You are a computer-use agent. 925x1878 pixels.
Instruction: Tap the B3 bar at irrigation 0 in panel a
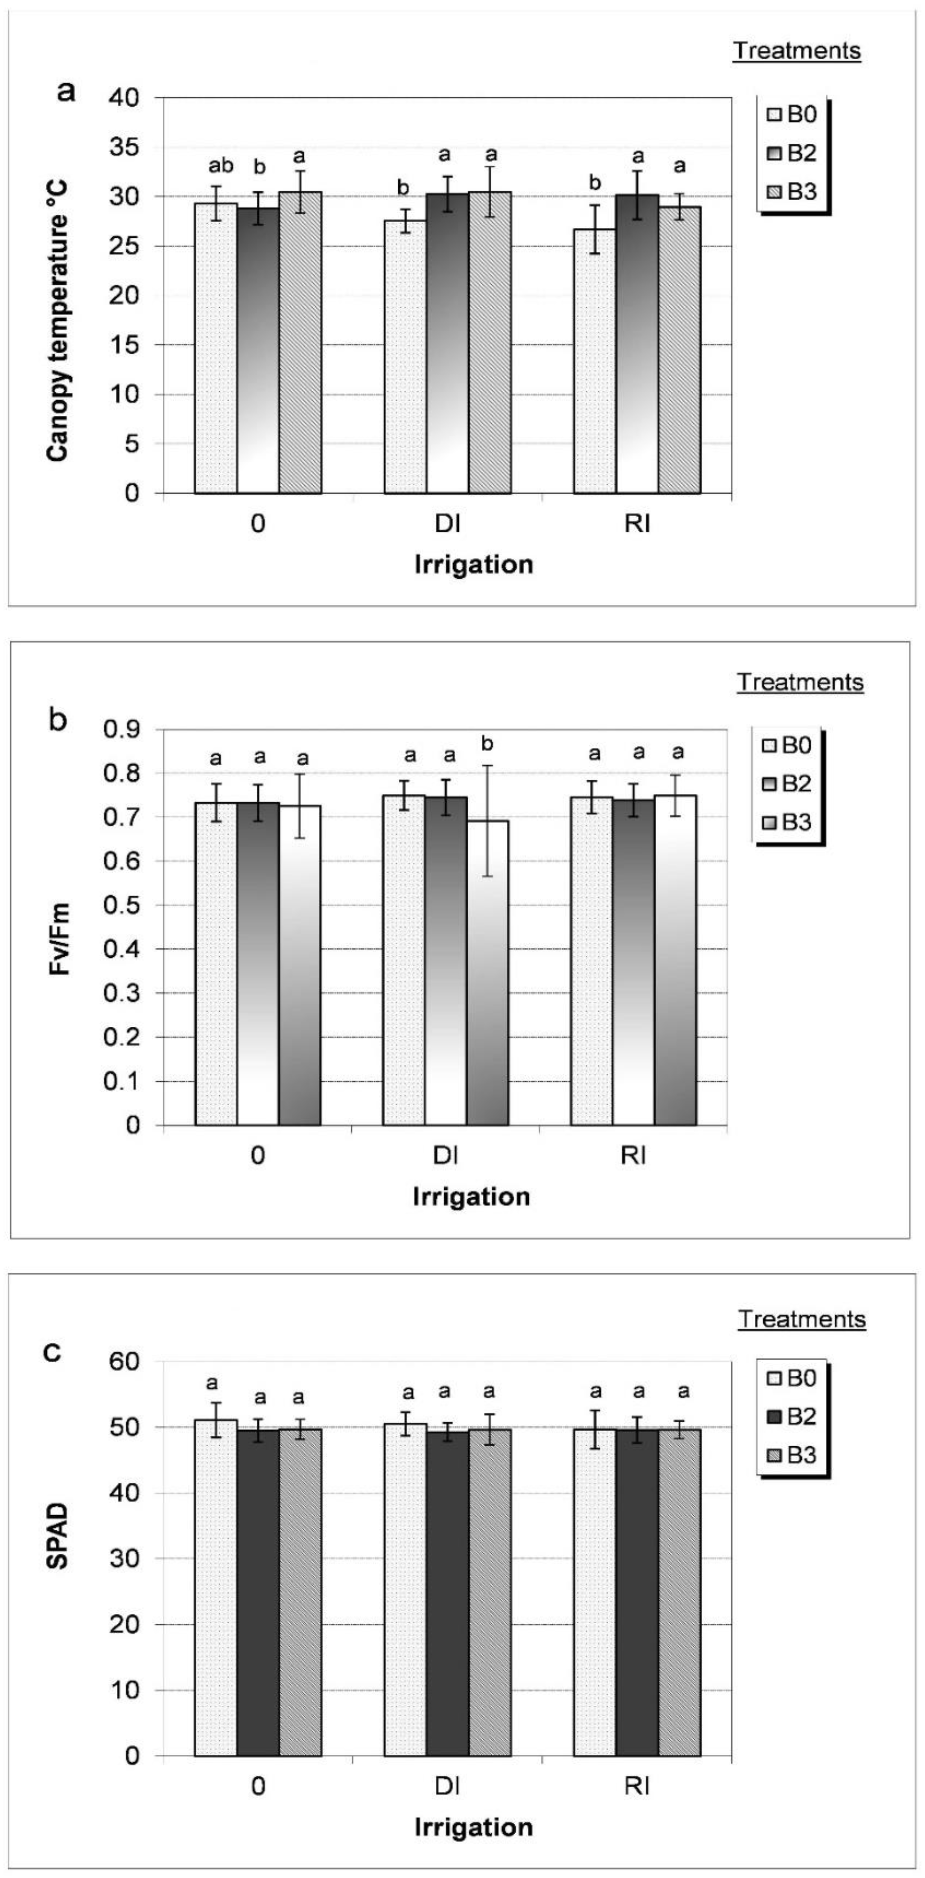tap(300, 343)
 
